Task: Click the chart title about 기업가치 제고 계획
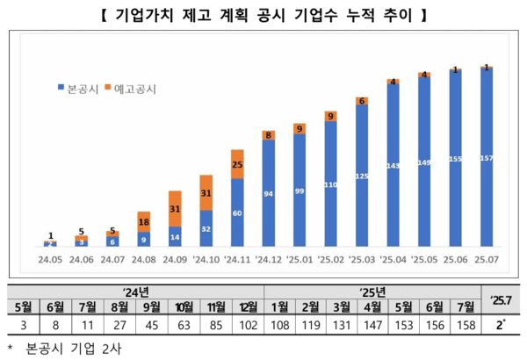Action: coord(263,15)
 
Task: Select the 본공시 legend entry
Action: coord(83,89)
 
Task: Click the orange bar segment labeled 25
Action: coord(237,164)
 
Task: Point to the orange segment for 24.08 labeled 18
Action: coord(143,223)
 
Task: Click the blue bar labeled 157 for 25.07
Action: coord(487,158)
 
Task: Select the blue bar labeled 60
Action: coord(237,212)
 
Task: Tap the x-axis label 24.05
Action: coord(50,260)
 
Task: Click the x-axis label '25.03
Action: coord(362,260)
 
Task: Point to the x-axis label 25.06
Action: coord(455,260)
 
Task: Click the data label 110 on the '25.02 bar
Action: coord(331,186)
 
